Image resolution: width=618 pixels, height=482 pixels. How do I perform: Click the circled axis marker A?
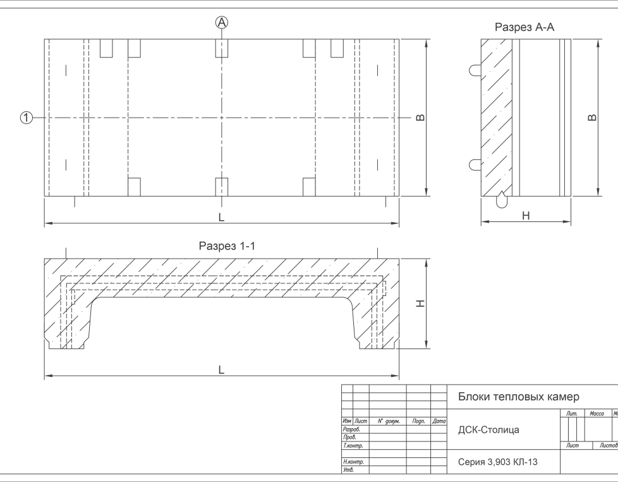[222, 22]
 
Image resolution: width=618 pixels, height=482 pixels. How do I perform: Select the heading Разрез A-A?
[524, 27]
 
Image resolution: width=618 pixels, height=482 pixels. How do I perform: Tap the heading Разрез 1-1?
[226, 246]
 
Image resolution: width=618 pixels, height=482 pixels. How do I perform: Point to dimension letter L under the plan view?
[221, 217]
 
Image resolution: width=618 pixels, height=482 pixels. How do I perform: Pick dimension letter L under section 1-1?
[221, 369]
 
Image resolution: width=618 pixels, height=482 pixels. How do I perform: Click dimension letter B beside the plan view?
[420, 118]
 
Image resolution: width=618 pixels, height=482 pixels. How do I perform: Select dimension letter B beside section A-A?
[591, 118]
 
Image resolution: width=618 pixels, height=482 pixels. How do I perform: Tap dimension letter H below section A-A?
[526, 216]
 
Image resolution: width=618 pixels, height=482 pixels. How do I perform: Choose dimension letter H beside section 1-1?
[421, 304]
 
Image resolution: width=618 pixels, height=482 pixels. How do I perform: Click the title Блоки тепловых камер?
[518, 397]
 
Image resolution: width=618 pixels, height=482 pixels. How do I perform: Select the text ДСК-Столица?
[488, 430]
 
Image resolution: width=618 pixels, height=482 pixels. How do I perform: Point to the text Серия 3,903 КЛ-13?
[498, 462]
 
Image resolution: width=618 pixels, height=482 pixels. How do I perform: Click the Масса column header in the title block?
[597, 414]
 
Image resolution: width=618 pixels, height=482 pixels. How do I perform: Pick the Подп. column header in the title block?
[418, 421]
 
